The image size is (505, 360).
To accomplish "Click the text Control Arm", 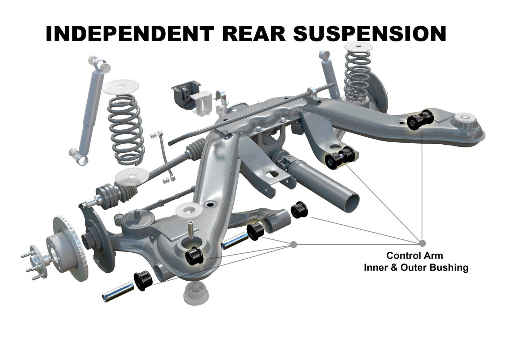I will (x=414, y=255).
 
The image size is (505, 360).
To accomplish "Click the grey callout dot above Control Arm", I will (x=422, y=243).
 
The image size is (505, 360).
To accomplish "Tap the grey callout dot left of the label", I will (x=294, y=244).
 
